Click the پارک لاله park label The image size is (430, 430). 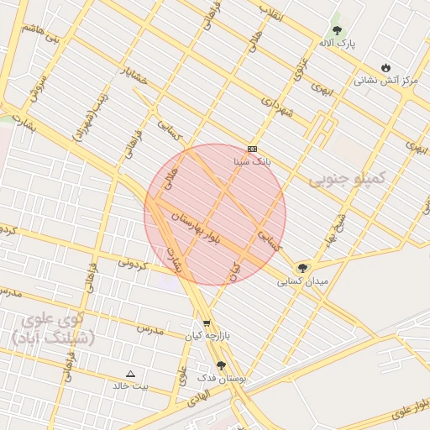pyautogui.click(x=338, y=42)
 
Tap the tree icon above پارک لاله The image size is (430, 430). pyautogui.click(x=337, y=30)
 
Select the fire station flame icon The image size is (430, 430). pyautogui.click(x=385, y=68)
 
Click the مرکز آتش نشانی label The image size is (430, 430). pyautogui.click(x=385, y=81)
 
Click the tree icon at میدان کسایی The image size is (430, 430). pyautogui.click(x=302, y=269)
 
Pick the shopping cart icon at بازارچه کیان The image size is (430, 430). pyautogui.click(x=207, y=323)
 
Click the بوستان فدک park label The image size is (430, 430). pyautogui.click(x=221, y=379)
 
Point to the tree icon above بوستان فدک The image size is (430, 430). pyautogui.click(x=221, y=365)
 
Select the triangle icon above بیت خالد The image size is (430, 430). pyautogui.click(x=130, y=374)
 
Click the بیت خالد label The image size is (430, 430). pyautogui.click(x=130, y=385)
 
